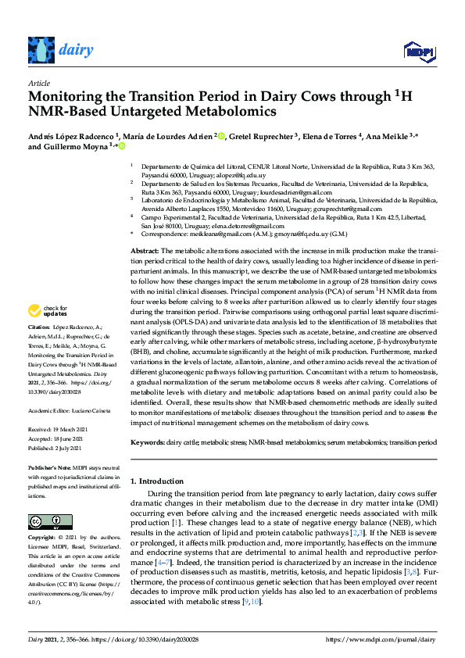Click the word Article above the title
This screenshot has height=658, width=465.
click(x=39, y=82)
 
